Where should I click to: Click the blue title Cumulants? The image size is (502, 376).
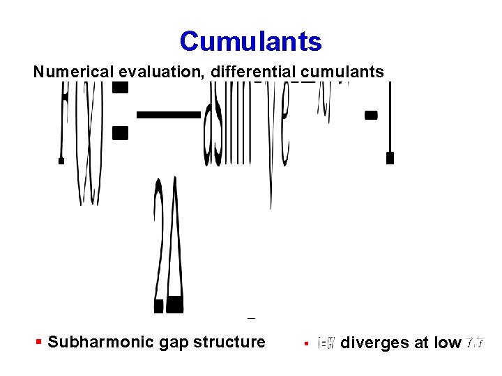click(250, 42)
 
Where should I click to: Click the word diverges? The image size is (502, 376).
click(369, 343)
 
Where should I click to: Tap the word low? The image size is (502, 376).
click(447, 343)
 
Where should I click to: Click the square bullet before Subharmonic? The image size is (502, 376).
click(39, 342)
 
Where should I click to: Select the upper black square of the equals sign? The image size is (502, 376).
click(121, 86)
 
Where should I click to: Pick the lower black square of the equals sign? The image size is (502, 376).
click(121, 133)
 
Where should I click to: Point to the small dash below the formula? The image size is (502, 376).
click(251, 318)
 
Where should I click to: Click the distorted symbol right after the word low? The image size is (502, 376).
click(476, 343)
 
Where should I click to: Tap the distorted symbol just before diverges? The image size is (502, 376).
click(327, 343)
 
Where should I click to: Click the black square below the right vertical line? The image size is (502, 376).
click(390, 158)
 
